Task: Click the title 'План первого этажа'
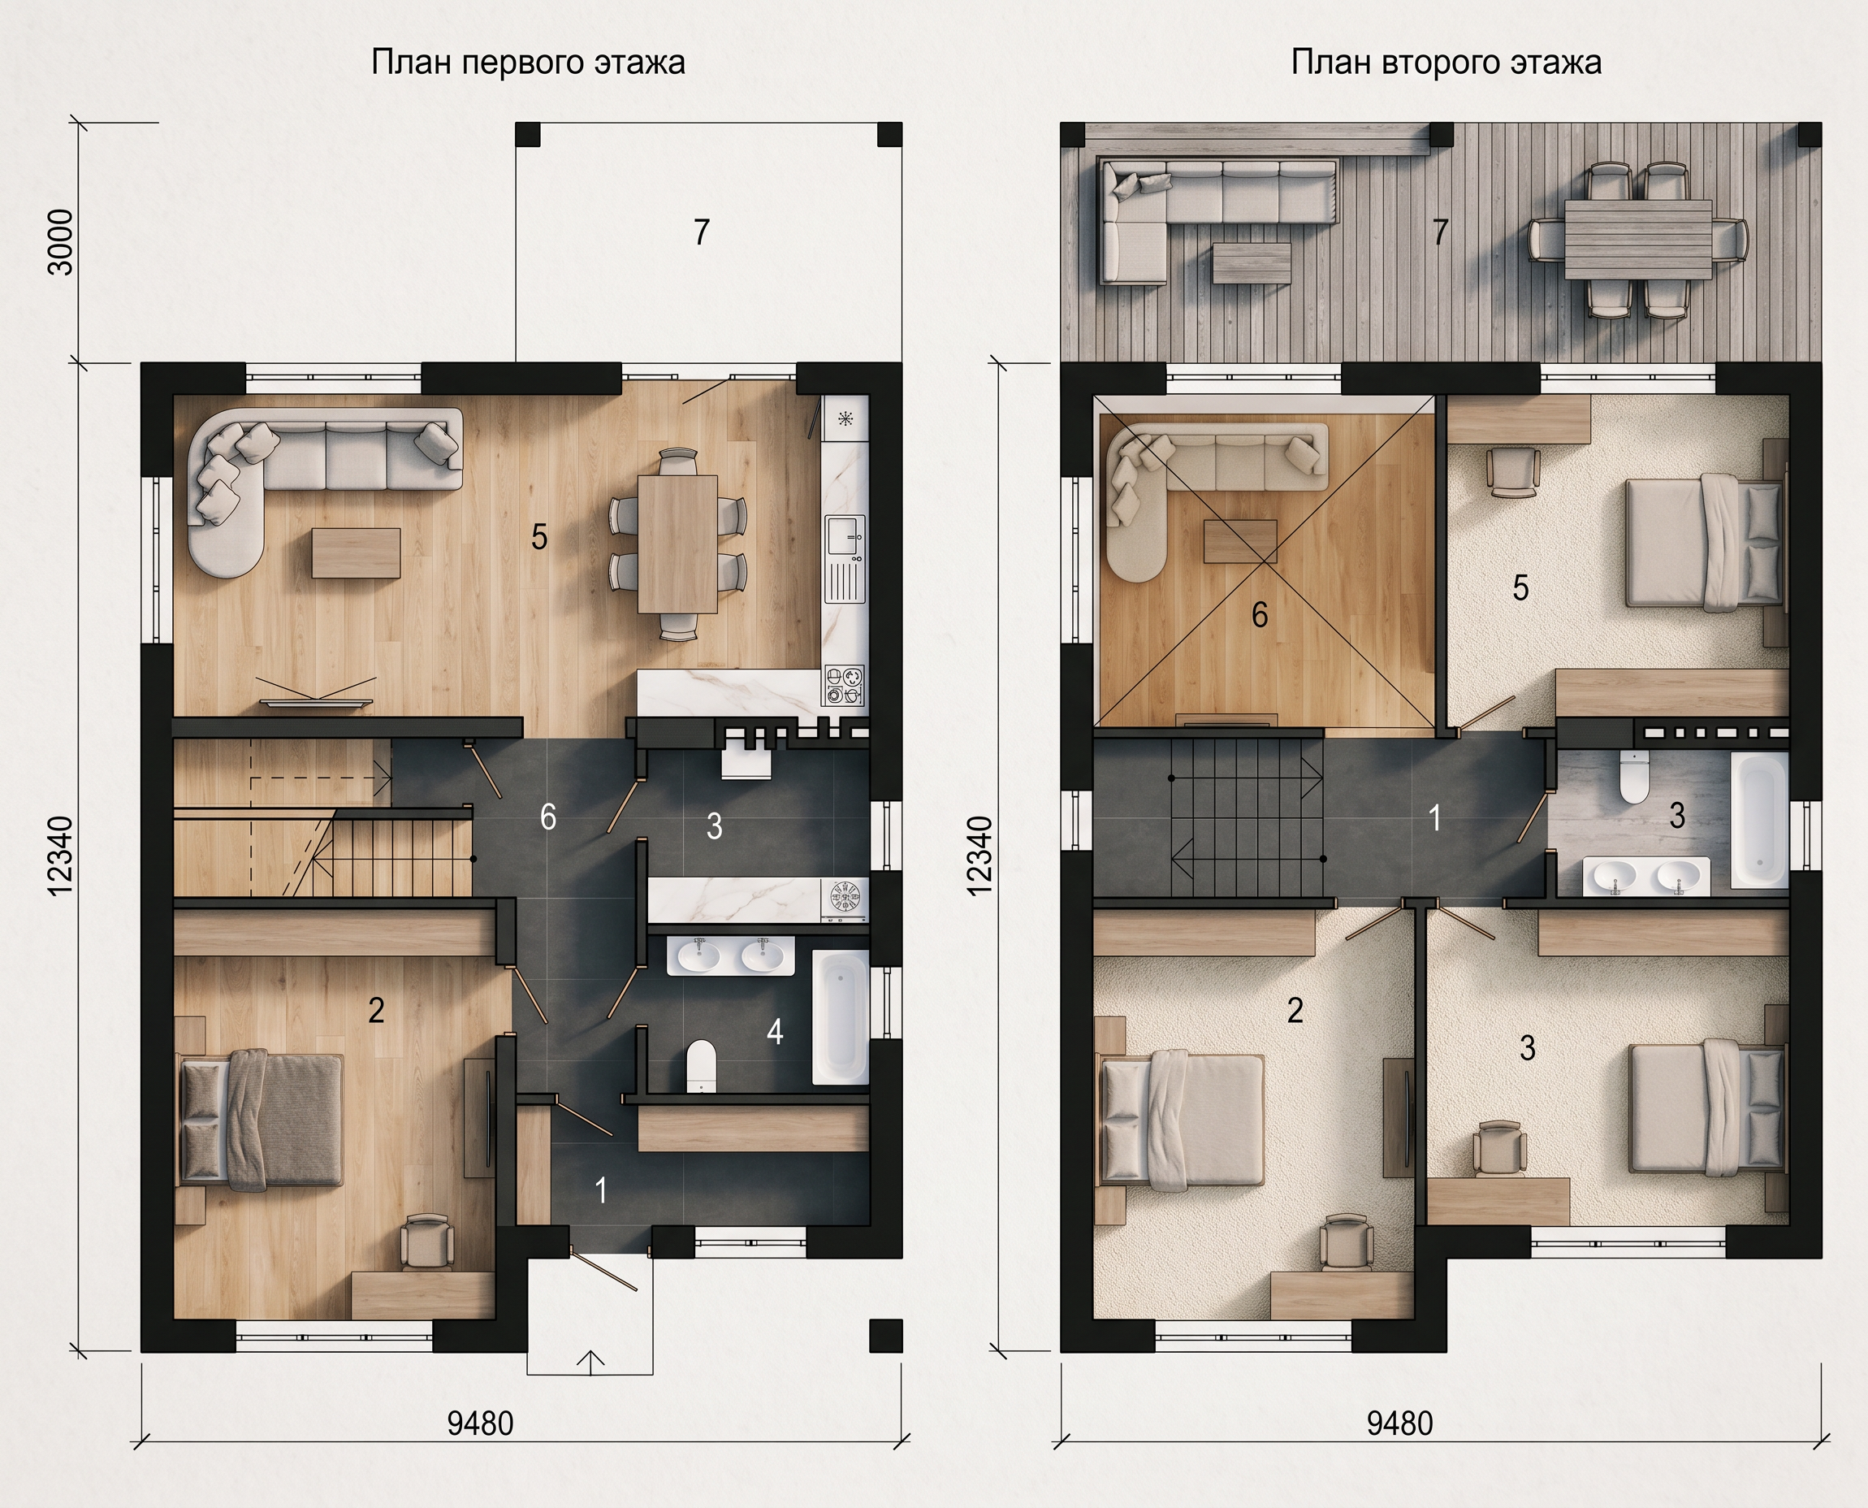(x=528, y=63)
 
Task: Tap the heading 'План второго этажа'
(x=1446, y=63)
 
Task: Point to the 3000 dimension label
(x=61, y=241)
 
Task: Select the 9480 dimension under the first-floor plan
(x=480, y=1423)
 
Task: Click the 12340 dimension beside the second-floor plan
(x=979, y=856)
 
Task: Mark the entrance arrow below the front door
(x=590, y=1363)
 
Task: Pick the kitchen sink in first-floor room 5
(x=844, y=537)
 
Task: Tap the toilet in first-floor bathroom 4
(x=700, y=1066)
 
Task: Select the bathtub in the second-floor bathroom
(x=1758, y=819)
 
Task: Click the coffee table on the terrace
(x=1252, y=262)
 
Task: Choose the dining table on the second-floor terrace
(x=1638, y=239)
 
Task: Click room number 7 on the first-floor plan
(x=702, y=232)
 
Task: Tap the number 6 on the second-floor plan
(x=1259, y=615)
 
